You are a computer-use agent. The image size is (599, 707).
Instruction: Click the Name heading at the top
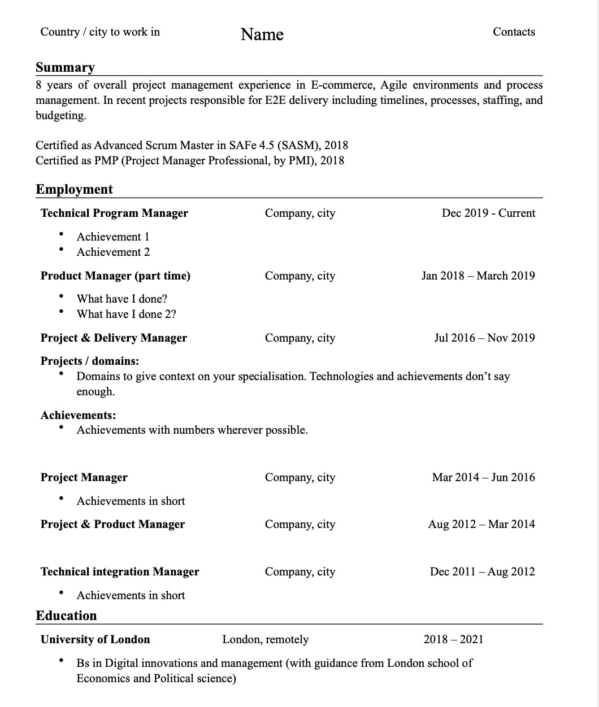pyautogui.click(x=262, y=34)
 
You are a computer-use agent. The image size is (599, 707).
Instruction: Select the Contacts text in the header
pyautogui.click(x=514, y=32)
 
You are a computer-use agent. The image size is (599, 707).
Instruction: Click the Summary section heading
pyautogui.click(x=65, y=67)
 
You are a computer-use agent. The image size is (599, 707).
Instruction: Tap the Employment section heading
pyautogui.click(x=74, y=189)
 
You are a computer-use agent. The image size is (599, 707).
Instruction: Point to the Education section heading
pyautogui.click(x=66, y=616)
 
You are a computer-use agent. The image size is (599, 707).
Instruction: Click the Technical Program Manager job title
pyautogui.click(x=114, y=213)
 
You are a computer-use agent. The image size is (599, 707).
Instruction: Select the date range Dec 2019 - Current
pyautogui.click(x=488, y=213)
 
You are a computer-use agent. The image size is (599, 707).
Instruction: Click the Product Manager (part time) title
pyautogui.click(x=115, y=276)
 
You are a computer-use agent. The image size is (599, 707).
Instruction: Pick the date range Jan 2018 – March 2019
pyautogui.click(x=478, y=276)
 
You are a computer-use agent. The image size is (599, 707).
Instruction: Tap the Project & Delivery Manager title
pyautogui.click(x=114, y=338)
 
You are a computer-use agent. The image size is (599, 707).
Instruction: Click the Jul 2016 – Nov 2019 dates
pyautogui.click(x=484, y=338)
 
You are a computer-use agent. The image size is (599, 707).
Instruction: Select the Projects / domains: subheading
pyautogui.click(x=90, y=361)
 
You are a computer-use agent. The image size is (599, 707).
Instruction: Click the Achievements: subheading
pyautogui.click(x=78, y=415)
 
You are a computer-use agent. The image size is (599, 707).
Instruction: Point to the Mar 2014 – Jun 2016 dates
pyautogui.click(x=483, y=477)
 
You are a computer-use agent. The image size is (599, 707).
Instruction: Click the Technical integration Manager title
pyautogui.click(x=120, y=571)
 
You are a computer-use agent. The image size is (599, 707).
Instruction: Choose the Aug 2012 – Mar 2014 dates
pyautogui.click(x=481, y=524)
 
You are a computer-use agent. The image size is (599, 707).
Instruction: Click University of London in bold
pyautogui.click(x=95, y=639)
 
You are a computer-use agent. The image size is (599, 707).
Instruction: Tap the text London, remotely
pyautogui.click(x=266, y=639)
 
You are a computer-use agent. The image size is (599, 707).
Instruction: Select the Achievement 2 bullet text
pyautogui.click(x=113, y=252)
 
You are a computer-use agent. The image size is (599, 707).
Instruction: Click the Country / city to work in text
pyautogui.click(x=100, y=32)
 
